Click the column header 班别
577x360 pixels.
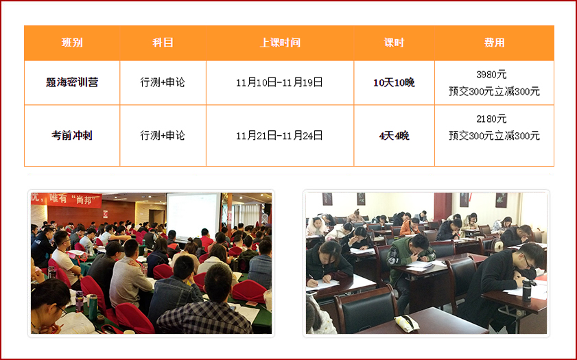tap(72, 43)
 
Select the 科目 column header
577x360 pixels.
tap(163, 43)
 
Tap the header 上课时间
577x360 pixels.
tap(280, 43)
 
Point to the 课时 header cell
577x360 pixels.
tap(394, 43)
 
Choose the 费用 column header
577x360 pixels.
tap(494, 43)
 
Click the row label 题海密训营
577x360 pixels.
tap(72, 82)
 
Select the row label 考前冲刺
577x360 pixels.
tap(72, 135)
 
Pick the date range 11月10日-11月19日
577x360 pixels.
tap(279, 82)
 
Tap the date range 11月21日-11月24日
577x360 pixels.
tap(279, 136)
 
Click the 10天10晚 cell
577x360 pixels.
tap(394, 83)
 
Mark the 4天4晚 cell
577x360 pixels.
tap(394, 136)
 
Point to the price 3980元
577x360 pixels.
tap(491, 75)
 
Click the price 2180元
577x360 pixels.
tap(491, 119)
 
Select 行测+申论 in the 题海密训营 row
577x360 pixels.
tap(163, 82)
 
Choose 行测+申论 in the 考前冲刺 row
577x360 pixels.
tap(163, 136)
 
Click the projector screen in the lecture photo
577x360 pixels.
tap(193, 217)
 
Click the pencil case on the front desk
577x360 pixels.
tap(407, 323)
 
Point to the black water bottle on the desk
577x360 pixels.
tap(527, 290)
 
